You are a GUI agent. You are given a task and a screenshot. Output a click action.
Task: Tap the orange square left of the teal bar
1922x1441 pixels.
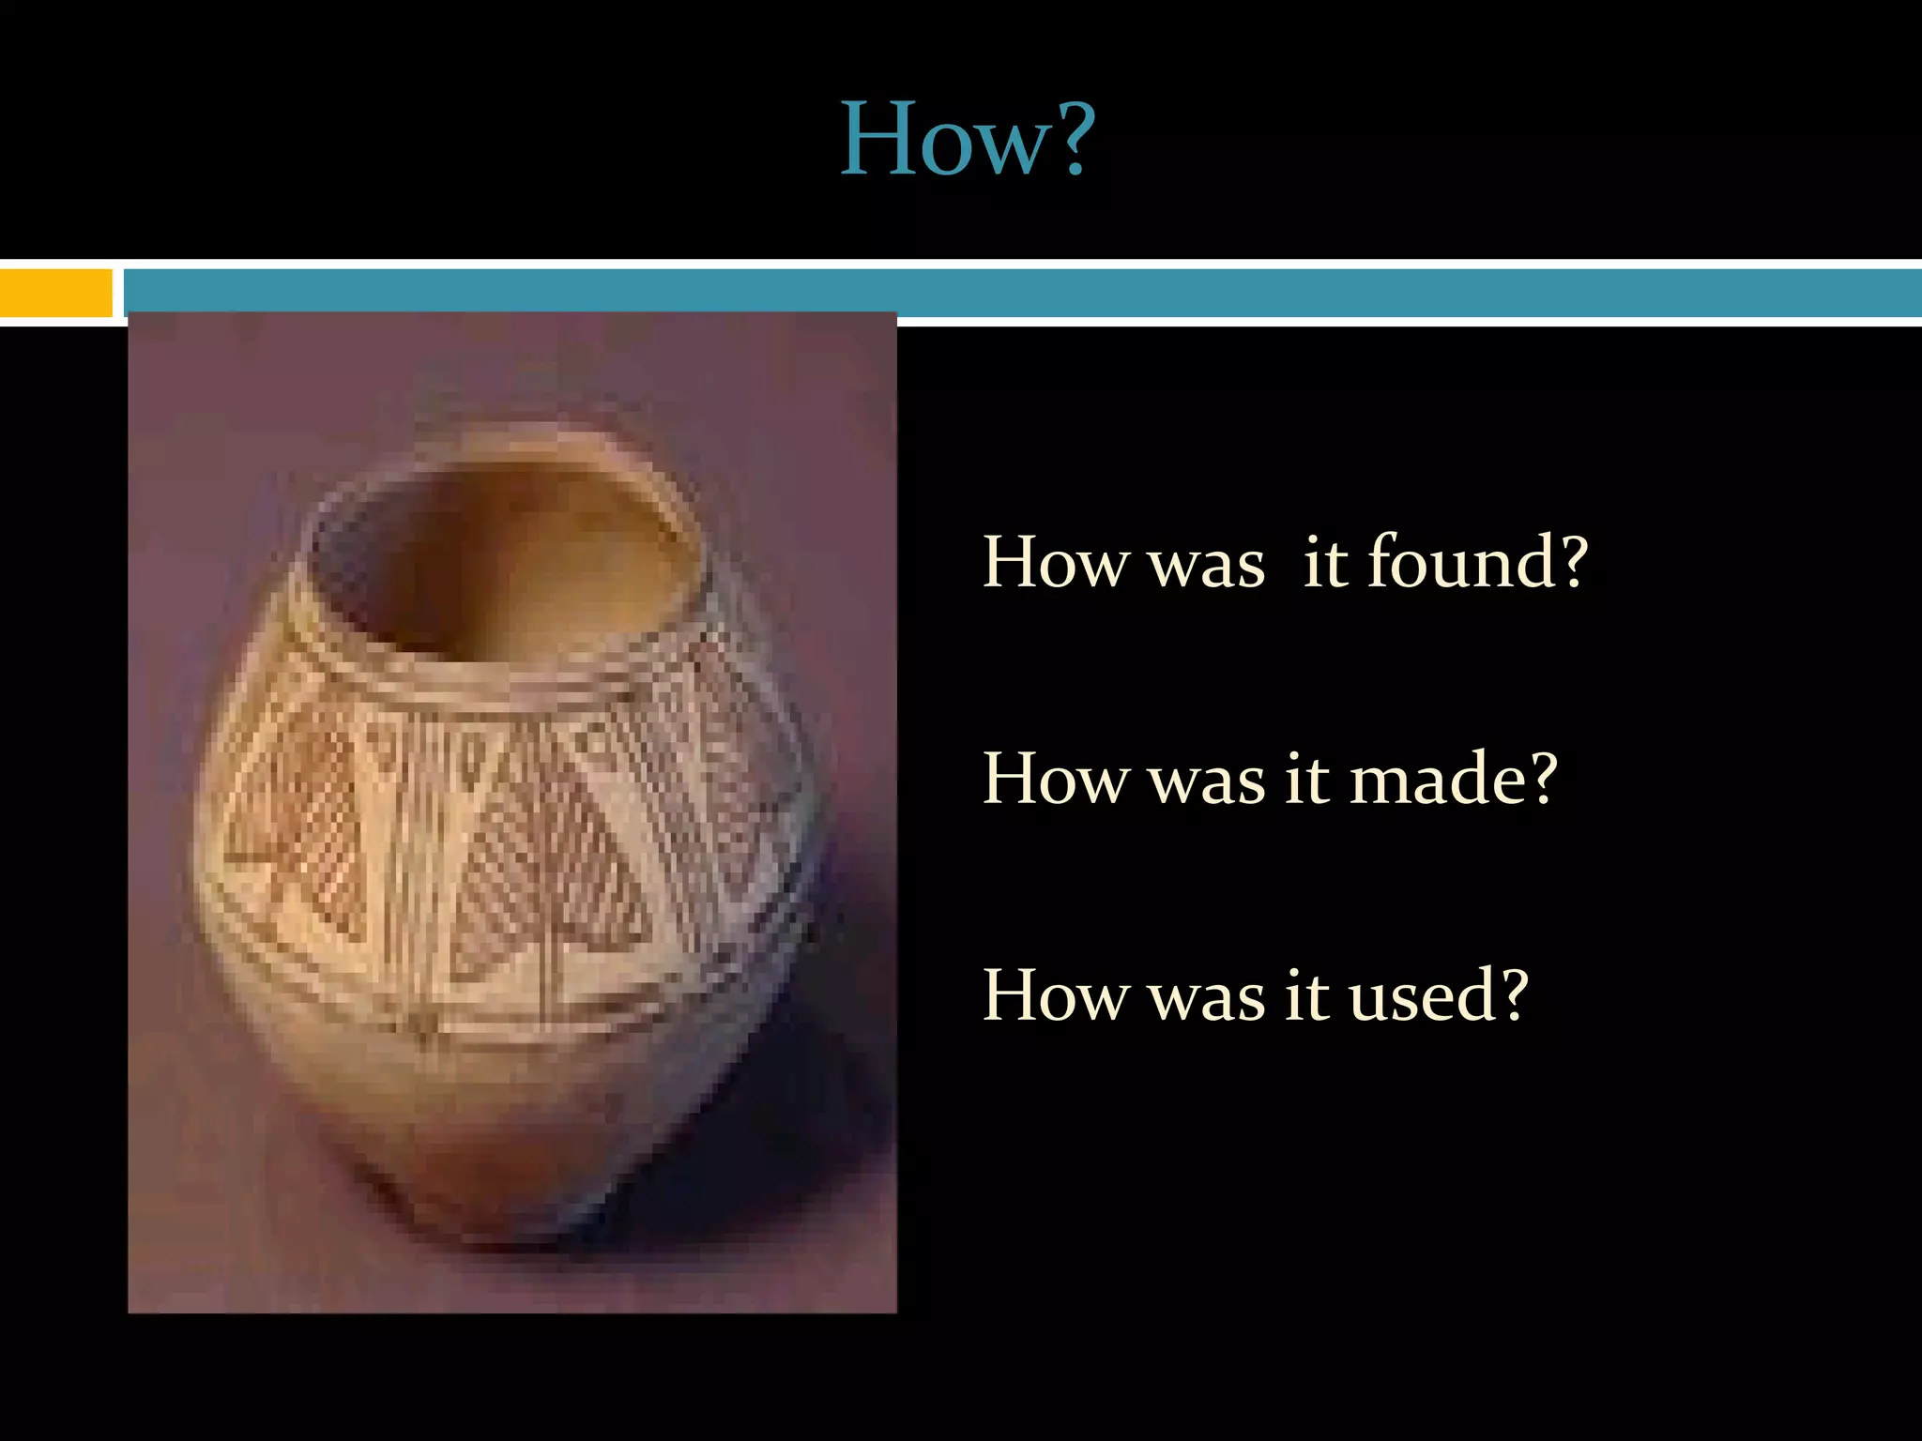coord(55,292)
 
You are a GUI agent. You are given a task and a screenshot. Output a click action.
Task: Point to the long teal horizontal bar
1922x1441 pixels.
coord(1023,292)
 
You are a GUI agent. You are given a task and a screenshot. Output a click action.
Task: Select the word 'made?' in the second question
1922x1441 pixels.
coord(1454,778)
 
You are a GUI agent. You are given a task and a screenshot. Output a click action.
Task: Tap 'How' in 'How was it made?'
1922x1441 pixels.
coord(1055,778)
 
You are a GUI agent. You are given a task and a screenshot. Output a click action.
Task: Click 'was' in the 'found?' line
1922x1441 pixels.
coord(1207,565)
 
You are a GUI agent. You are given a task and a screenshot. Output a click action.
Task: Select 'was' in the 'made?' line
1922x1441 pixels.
coord(1207,781)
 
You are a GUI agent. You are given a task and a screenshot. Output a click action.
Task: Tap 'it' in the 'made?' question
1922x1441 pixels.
coord(1306,778)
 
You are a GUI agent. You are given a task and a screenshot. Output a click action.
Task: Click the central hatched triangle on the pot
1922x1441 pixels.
coord(549,872)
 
